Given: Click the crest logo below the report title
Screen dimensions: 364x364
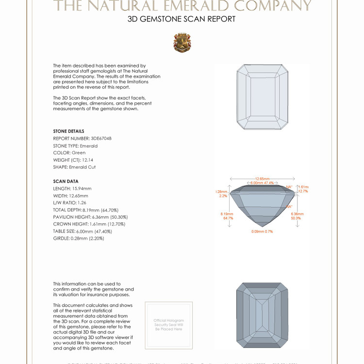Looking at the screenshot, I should tap(182, 43).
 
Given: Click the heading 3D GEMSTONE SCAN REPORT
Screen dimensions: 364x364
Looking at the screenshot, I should tap(182, 19).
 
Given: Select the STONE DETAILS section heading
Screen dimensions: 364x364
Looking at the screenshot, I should tap(68, 131).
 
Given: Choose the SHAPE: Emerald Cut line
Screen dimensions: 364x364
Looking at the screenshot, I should tap(74, 167).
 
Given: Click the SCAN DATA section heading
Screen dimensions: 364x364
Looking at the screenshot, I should tap(66, 181).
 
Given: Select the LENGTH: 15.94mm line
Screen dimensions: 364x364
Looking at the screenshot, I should tap(72, 188).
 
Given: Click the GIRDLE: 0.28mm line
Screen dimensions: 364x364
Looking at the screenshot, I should tap(79, 238).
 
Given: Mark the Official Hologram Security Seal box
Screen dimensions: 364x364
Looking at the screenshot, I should tap(169, 325).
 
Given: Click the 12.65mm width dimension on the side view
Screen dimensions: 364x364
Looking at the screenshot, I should tap(262, 179).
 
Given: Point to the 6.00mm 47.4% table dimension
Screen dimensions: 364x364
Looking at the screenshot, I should tap(262, 183).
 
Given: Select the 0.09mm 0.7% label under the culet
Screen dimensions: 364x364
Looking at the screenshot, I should tap(262, 232).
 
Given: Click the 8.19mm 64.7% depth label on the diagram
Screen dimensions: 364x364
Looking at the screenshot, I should tap(228, 215).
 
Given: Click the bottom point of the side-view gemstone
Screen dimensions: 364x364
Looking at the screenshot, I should tap(262, 226).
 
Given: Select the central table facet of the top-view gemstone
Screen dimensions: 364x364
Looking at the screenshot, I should tap(262, 97).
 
